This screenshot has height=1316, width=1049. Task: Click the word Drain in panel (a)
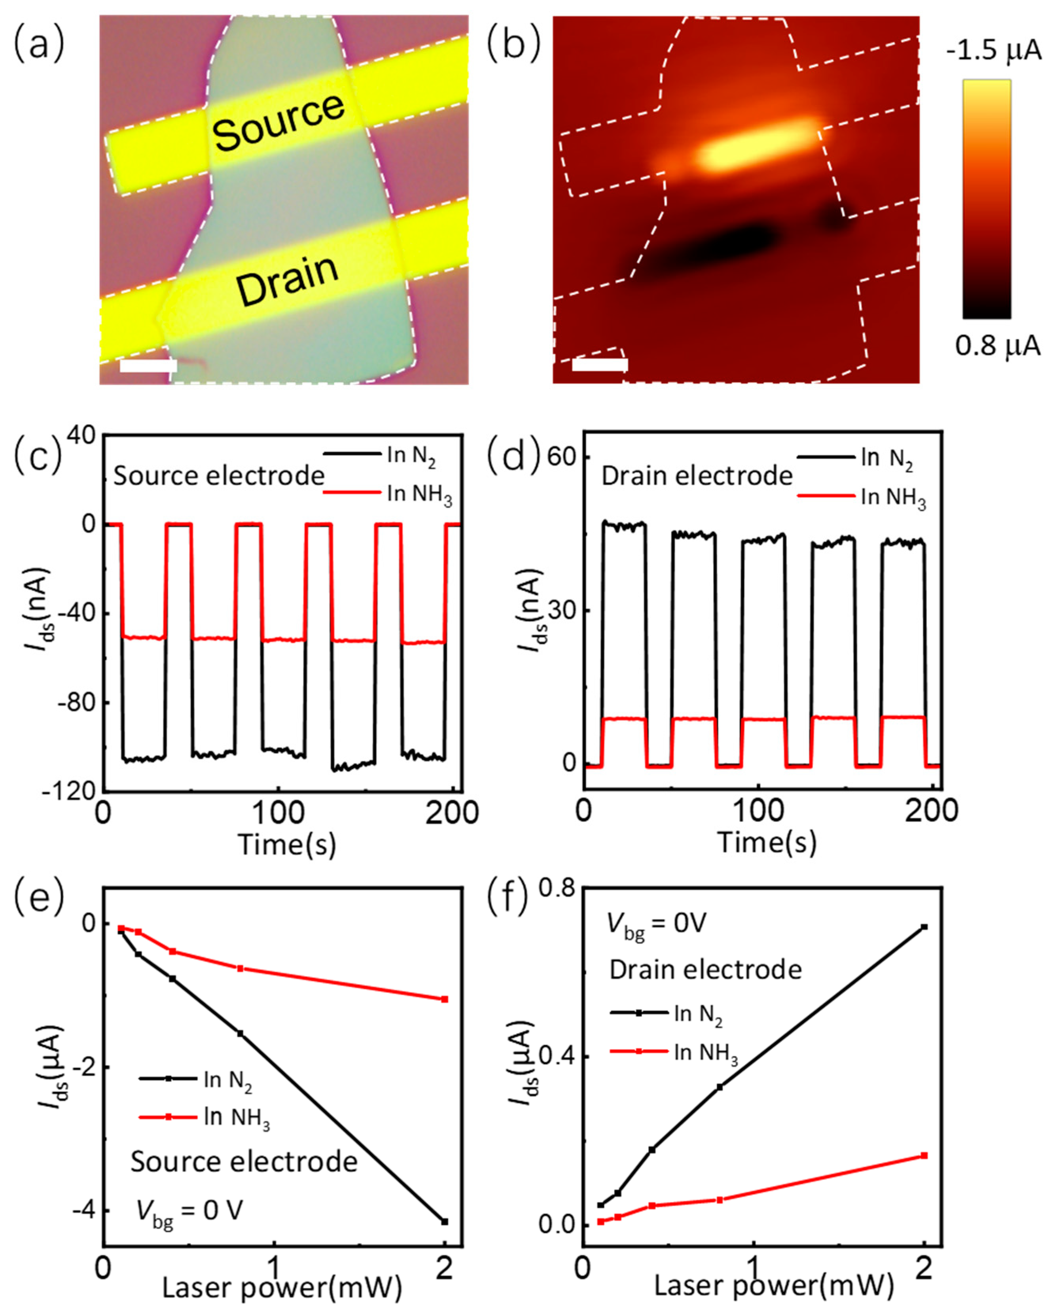[x=287, y=281]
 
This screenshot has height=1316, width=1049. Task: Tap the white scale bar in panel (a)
[x=148, y=366]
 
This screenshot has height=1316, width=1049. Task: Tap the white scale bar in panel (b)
[x=600, y=365]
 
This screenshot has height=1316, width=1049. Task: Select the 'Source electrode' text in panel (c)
[x=219, y=476]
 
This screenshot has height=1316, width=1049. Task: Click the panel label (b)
[x=514, y=44]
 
